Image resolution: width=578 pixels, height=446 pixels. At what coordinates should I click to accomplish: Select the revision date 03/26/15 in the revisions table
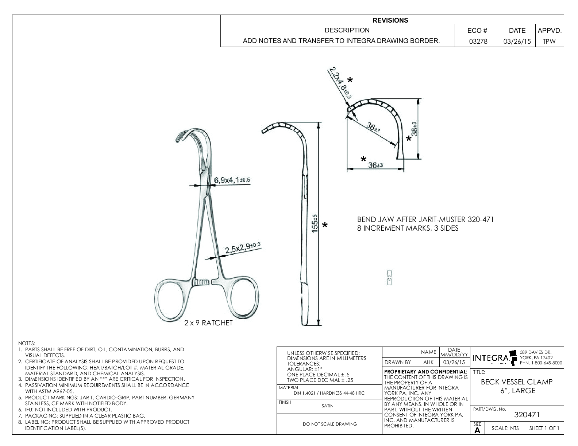[517, 41]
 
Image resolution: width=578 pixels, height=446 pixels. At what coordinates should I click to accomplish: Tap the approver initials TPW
[549, 41]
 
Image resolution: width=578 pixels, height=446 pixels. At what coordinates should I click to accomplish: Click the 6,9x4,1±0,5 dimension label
[232, 180]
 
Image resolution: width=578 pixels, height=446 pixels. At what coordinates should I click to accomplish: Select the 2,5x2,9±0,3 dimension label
[242, 249]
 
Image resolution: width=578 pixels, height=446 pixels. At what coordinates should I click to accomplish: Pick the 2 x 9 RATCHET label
[208, 323]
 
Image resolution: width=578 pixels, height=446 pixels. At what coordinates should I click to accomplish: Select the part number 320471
[527, 415]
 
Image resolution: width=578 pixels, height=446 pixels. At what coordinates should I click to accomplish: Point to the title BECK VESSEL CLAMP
[517, 382]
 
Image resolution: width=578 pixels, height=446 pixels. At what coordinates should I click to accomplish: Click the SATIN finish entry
[327, 406]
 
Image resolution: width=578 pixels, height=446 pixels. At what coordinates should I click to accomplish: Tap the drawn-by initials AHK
[428, 362]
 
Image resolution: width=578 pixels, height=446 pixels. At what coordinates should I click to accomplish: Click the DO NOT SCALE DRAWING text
[330, 424]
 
